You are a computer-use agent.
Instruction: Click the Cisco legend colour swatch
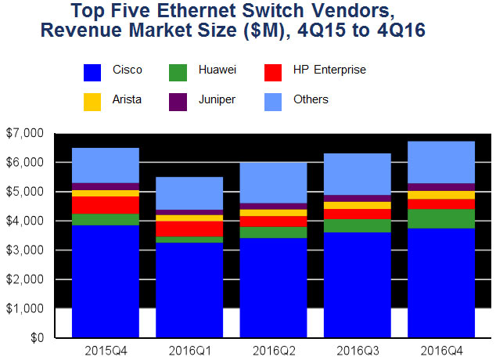93,71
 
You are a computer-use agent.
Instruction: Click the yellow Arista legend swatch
93,100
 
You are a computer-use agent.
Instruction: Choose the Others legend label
311,99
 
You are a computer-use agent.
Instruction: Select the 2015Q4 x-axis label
105,349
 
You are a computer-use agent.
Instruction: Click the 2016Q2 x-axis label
273,349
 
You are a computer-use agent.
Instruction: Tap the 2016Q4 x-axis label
441,349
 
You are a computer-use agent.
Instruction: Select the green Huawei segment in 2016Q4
441,218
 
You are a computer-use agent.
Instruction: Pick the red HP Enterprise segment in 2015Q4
105,204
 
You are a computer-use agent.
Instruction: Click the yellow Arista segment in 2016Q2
273,213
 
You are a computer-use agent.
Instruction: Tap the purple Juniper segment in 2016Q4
441,187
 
